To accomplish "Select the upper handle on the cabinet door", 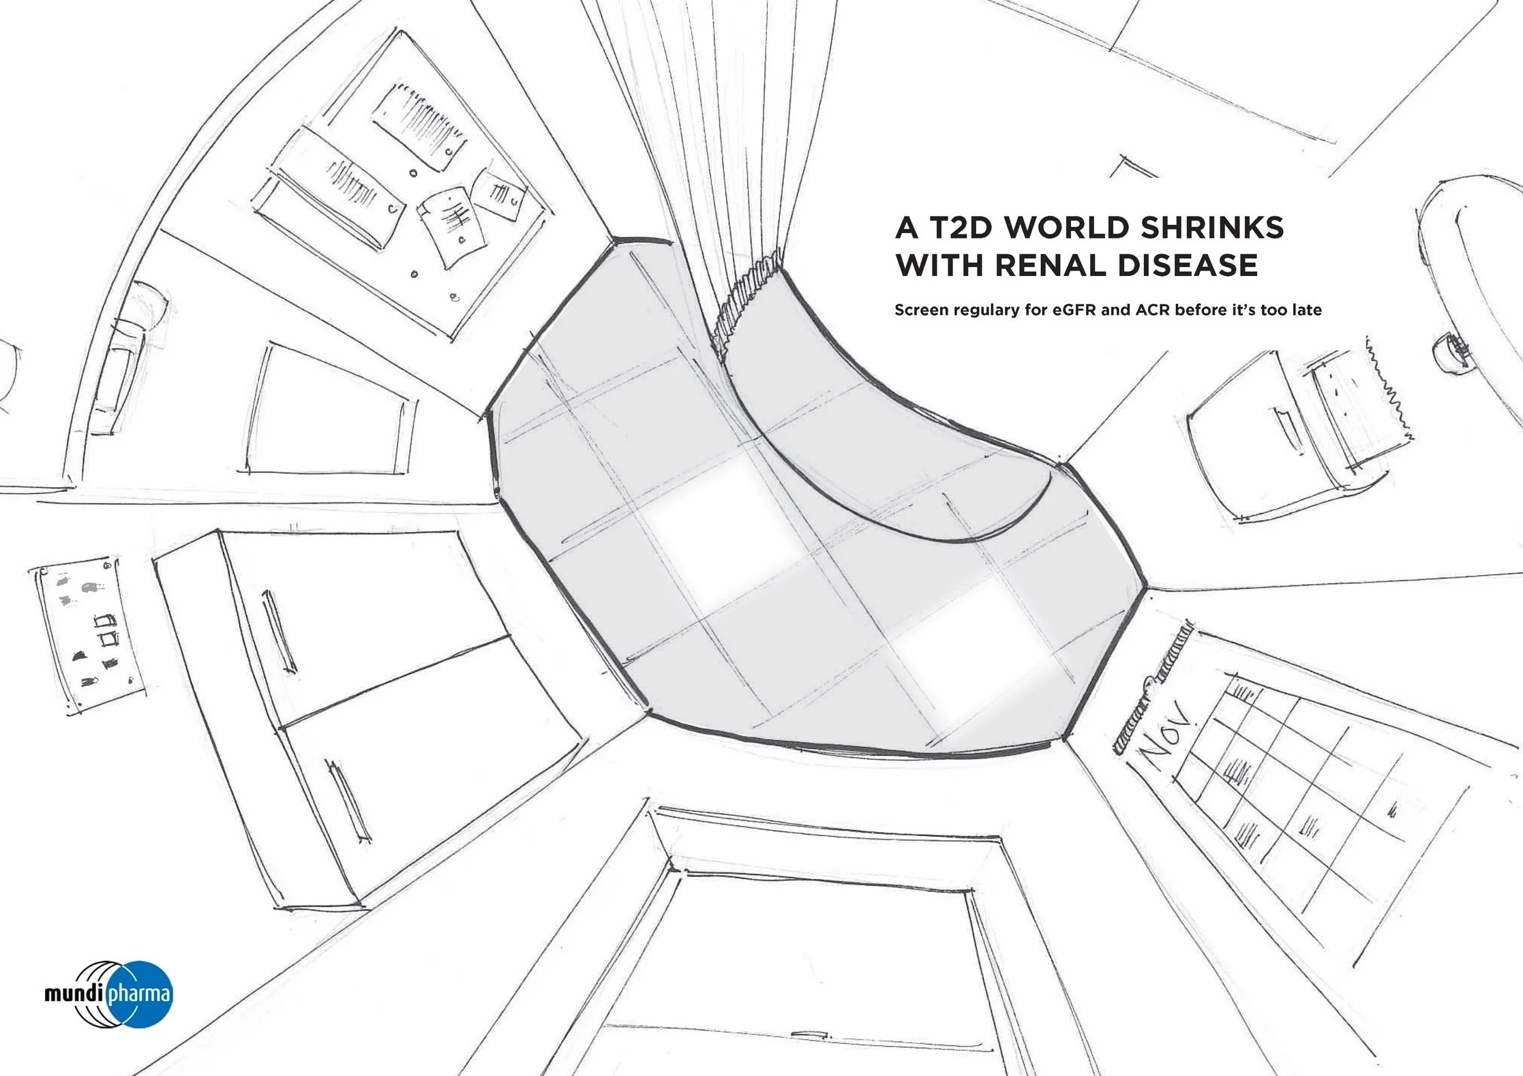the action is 280,631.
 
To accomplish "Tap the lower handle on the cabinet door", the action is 350,801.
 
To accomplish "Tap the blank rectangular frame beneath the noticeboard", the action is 330,410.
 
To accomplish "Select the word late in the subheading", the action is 1306,310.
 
